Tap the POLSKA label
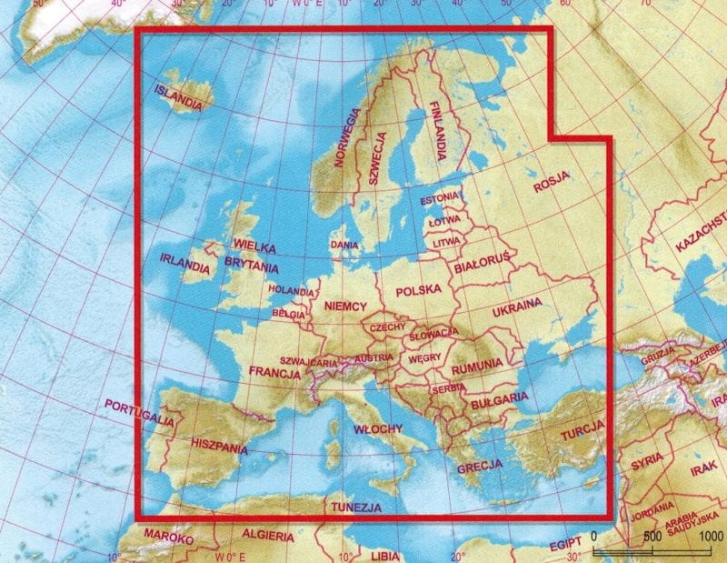click(x=418, y=292)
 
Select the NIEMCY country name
click(x=344, y=307)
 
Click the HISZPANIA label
click(x=220, y=447)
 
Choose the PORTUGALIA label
click(x=139, y=411)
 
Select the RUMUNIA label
click(x=474, y=365)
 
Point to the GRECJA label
click(x=480, y=468)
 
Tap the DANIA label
click(x=344, y=245)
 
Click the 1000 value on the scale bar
click(x=712, y=536)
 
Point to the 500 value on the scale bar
click(x=652, y=536)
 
